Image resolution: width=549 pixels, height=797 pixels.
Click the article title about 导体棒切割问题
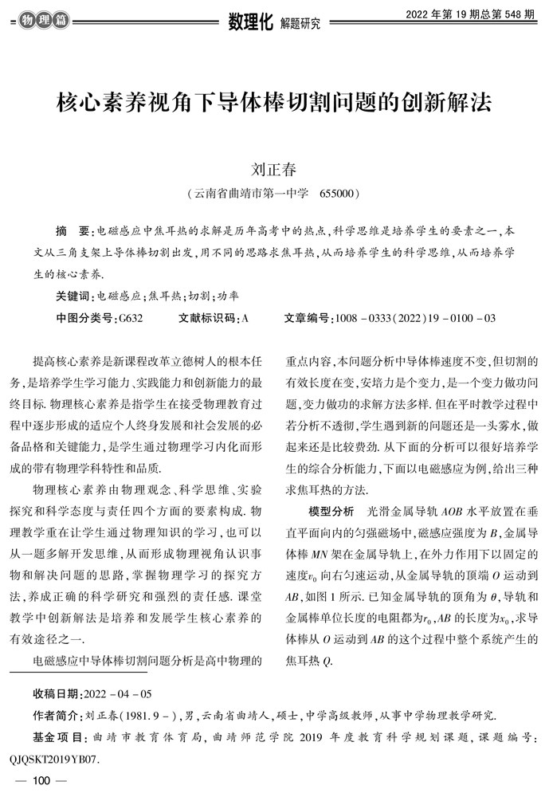click(274, 104)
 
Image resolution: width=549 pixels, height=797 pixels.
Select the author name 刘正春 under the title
click(274, 170)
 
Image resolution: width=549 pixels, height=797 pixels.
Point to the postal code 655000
click(341, 194)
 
